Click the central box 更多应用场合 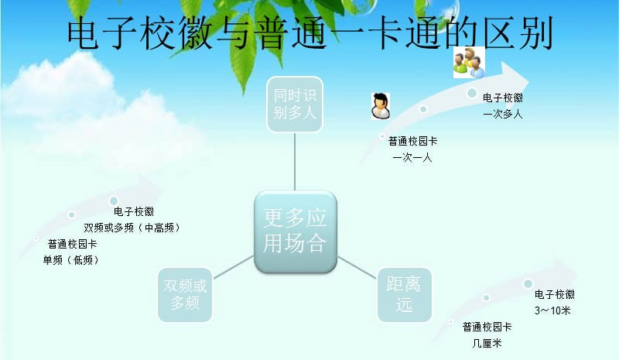(x=296, y=232)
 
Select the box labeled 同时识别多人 (x=295, y=105)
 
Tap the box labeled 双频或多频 (x=185, y=295)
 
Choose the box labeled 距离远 (x=404, y=295)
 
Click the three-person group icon (x=469, y=62)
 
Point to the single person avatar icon (x=381, y=106)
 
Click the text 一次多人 (x=502, y=115)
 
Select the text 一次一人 (x=412, y=158)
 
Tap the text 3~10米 (x=552, y=310)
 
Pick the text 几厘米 (x=487, y=343)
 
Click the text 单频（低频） (x=71, y=260)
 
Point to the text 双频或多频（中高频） (x=132, y=228)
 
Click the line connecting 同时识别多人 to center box (x=295, y=162)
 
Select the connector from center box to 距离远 (x=357, y=268)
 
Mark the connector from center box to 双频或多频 (x=234, y=267)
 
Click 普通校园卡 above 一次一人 (x=412, y=141)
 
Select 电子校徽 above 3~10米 (x=555, y=294)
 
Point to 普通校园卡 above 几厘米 (x=487, y=327)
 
